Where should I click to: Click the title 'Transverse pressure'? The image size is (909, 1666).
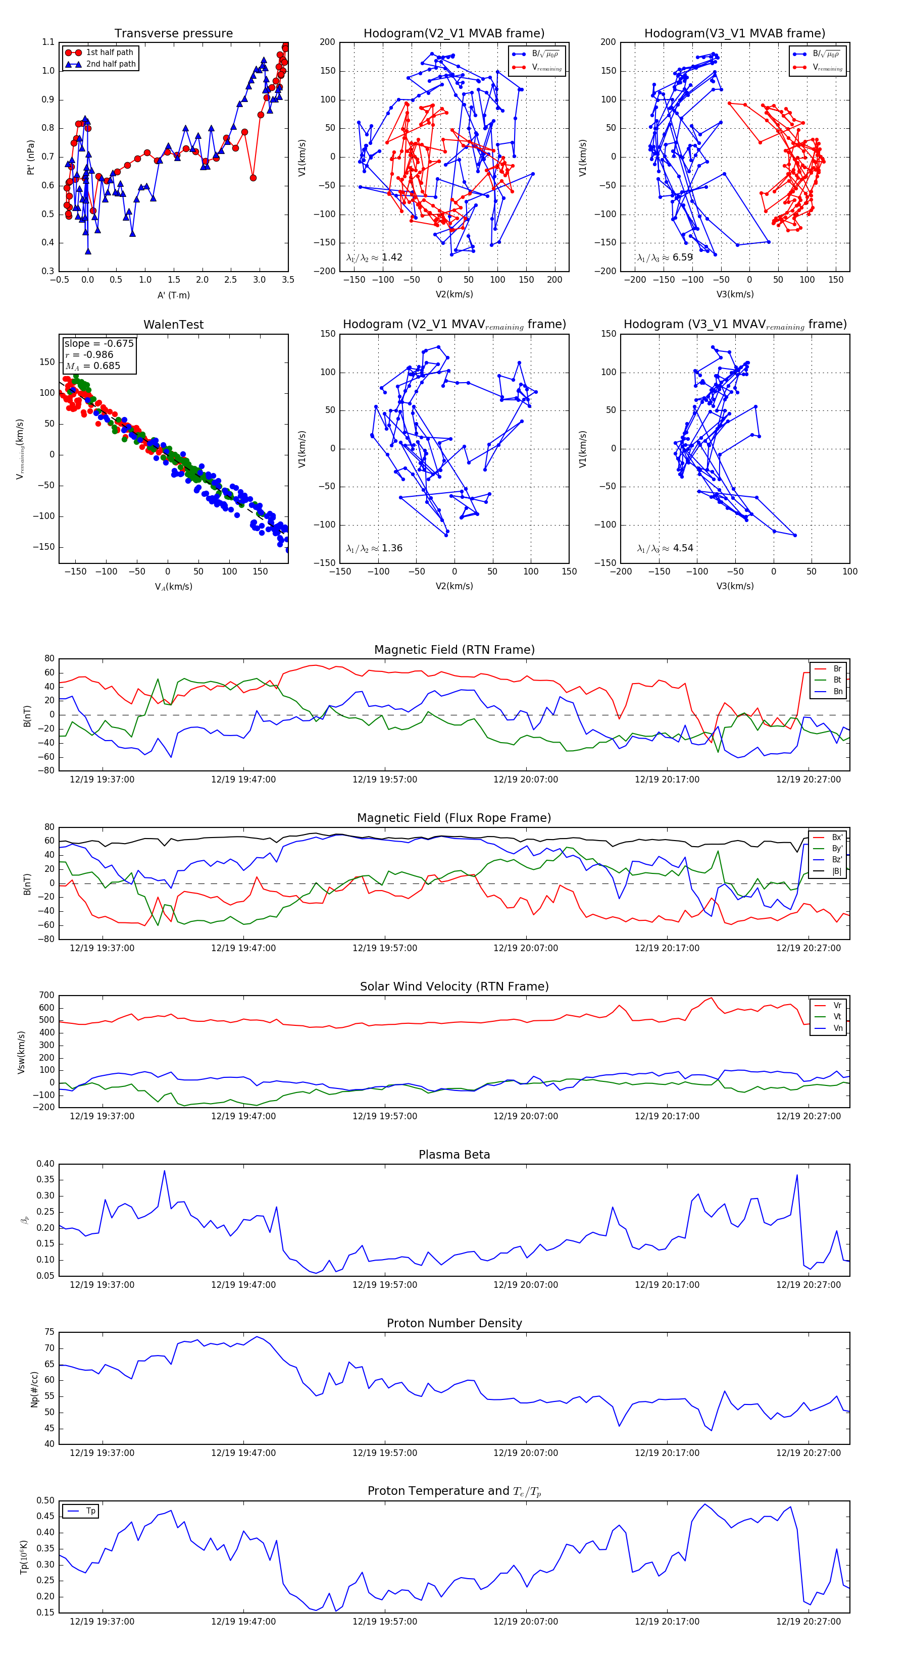[173, 34]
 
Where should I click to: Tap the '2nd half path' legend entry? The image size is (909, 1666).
[111, 64]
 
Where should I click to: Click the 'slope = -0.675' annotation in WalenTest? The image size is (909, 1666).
[98, 343]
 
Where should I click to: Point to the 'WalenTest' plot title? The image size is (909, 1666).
[173, 325]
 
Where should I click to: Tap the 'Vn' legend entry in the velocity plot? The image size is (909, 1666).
[837, 1028]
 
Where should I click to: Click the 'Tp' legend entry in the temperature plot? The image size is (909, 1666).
[90, 1512]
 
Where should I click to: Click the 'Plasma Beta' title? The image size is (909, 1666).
[454, 1155]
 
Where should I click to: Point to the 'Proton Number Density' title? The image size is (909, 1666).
[454, 1323]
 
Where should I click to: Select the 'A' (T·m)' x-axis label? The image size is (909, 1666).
[173, 295]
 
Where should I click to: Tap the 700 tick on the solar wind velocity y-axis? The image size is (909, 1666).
[46, 996]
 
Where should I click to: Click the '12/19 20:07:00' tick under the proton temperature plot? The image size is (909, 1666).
[525, 1622]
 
